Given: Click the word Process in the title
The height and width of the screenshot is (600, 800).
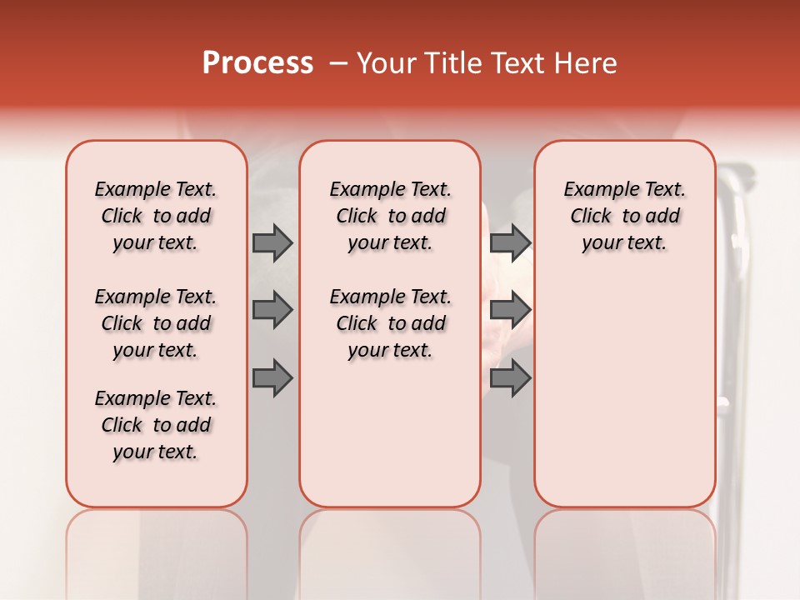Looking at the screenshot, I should click(257, 63).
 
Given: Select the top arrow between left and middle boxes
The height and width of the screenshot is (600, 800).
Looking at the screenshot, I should click(272, 242).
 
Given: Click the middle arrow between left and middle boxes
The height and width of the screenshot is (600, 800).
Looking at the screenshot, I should click(272, 310).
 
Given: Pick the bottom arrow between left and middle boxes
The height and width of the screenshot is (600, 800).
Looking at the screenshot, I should click(272, 378).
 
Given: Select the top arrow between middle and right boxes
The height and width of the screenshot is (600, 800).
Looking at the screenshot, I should click(510, 242).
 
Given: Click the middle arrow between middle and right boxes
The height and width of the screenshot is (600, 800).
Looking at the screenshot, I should click(510, 310).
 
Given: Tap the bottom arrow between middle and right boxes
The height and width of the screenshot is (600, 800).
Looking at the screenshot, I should click(510, 378).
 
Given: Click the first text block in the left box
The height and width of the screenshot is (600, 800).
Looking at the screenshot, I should click(156, 216).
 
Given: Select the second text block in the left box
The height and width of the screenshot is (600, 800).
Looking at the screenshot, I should click(156, 323).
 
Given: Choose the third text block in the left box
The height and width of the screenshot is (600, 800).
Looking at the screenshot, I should click(156, 425).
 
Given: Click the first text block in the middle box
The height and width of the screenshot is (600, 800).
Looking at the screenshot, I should click(390, 216).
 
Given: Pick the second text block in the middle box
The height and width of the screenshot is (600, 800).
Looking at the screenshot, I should click(390, 323).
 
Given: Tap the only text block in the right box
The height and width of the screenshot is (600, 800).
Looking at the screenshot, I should click(624, 216).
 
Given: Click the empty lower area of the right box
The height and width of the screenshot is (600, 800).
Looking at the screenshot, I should click(624, 392).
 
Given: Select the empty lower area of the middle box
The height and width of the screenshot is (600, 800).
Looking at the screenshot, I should click(390, 433).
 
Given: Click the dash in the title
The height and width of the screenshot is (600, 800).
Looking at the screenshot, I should click(338, 63).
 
